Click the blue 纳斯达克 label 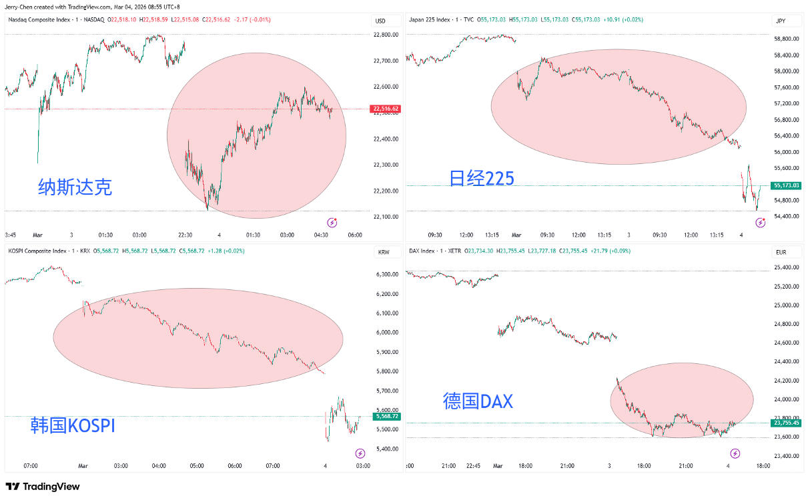[x=75, y=187]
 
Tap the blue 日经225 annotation [x=481, y=177]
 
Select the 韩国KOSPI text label [x=73, y=425]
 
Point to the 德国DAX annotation [x=478, y=401]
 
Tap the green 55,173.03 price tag [x=785, y=185]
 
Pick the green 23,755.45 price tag [x=785, y=423]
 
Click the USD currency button [x=380, y=21]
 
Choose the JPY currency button [x=780, y=21]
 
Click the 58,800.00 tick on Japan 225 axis [x=786, y=39]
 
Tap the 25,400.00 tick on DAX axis [x=786, y=267]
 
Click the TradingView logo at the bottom [x=43, y=487]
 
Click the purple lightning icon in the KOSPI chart [x=360, y=453]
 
